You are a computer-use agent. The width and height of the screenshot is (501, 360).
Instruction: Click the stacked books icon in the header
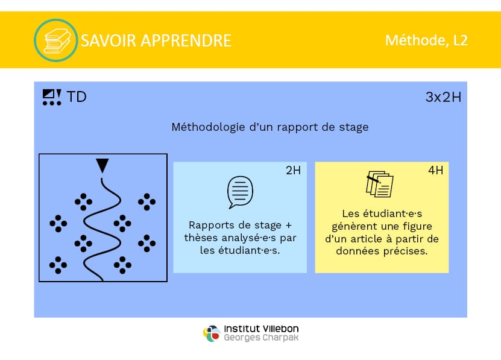[57, 40]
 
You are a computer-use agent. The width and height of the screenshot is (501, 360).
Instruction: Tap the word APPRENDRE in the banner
[186, 40]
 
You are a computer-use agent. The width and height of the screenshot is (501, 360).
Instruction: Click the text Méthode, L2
[427, 40]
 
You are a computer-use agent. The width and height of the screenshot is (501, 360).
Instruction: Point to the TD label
[77, 97]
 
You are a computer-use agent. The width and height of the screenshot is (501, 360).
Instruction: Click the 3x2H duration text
[443, 97]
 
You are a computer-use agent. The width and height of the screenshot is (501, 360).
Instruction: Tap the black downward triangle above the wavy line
[102, 166]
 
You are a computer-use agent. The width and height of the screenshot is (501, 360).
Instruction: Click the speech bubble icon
[240, 192]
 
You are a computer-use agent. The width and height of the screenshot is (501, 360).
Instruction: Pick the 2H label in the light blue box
[294, 171]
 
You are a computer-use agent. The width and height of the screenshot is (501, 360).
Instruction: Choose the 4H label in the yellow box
[436, 171]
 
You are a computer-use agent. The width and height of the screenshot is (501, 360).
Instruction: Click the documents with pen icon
[380, 184]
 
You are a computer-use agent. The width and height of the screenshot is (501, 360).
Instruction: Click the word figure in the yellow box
[417, 226]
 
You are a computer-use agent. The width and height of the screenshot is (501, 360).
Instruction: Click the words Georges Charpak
[261, 338]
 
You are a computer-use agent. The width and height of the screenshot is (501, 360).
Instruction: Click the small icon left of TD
[52, 97]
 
